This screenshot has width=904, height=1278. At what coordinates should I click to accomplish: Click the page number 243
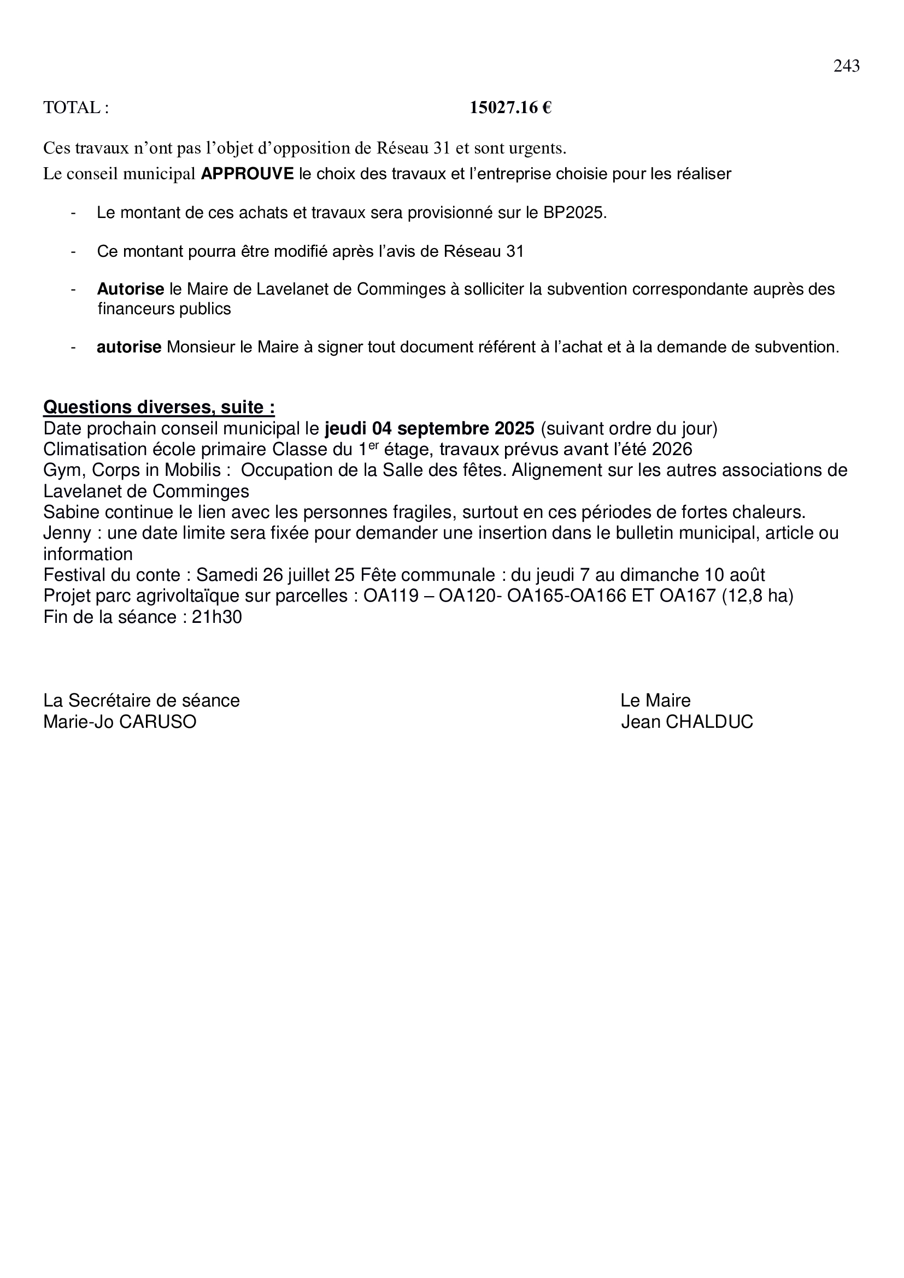coord(846,66)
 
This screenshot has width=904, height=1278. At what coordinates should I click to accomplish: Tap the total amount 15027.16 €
coord(510,108)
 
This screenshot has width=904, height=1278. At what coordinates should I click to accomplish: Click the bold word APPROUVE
coord(246,174)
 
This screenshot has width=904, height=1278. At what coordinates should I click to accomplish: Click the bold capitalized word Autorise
coord(130,290)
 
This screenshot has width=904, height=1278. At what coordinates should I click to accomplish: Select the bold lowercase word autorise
coord(129,348)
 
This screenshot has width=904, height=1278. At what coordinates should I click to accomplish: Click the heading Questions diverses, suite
coord(159,408)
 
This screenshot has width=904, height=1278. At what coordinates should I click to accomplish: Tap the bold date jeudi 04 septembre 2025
coord(429,428)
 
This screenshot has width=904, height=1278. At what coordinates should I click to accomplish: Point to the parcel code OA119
coord(390,596)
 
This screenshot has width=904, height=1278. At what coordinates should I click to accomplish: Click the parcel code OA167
coord(688,596)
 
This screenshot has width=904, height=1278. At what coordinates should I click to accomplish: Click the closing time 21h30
coord(216,617)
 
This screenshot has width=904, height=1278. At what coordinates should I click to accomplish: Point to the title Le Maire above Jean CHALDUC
coord(655,700)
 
